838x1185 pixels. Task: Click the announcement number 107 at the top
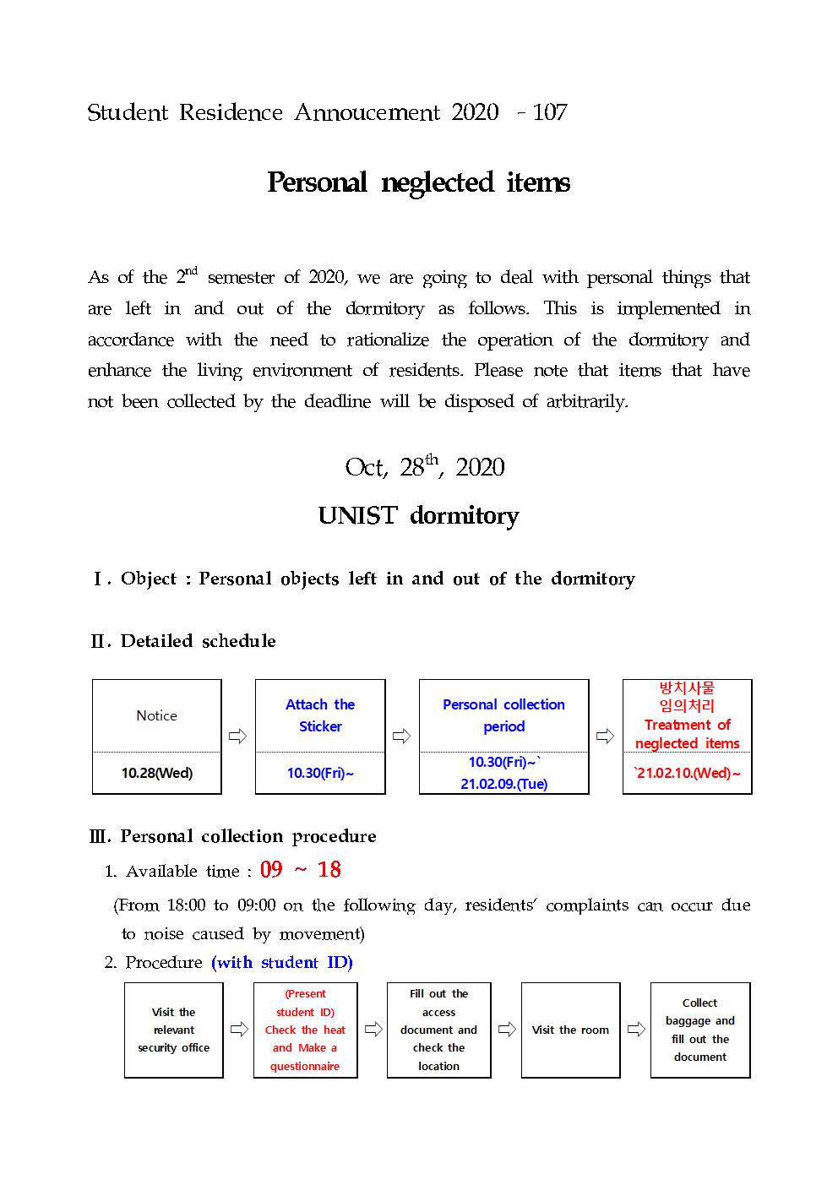pos(550,112)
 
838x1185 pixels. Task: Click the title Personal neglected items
pos(418,182)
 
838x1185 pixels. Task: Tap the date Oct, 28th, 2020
pos(424,467)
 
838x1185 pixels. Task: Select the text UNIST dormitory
pos(418,516)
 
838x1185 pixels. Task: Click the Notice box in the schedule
pos(157,715)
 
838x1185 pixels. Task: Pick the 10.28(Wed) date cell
pos(157,773)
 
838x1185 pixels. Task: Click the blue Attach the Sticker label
pos(320,715)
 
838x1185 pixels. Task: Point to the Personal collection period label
pos(503,715)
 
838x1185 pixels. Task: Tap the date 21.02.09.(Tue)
pos(503,784)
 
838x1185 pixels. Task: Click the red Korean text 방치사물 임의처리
pos(687,697)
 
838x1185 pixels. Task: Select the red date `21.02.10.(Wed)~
pos(687,773)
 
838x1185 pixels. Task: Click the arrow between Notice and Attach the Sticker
pos(238,737)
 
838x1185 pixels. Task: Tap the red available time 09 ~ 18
pos(301,870)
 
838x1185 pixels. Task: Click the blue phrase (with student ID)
pos(282,962)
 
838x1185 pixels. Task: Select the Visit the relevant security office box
pos(174,1030)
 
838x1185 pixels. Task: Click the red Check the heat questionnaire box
pos(305,1030)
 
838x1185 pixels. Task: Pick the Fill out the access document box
pos(438,1030)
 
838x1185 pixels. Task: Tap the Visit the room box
pos(570,1030)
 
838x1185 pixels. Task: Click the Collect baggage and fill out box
pos(700,1030)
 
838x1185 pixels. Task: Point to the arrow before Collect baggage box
pos(635,1030)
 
